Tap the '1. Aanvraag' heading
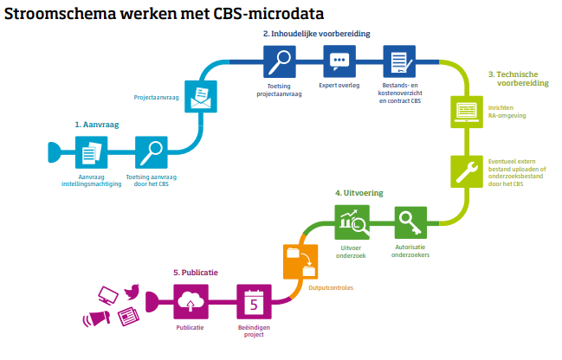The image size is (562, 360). click(x=96, y=125)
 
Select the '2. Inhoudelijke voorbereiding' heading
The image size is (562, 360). click(x=317, y=34)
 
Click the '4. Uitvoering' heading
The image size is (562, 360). click(x=359, y=192)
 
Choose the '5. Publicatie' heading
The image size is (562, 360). click(x=195, y=272)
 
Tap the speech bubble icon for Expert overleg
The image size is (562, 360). click(x=339, y=61)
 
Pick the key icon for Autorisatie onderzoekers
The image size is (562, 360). click(x=410, y=224)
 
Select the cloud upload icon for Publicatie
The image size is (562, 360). click(x=189, y=303)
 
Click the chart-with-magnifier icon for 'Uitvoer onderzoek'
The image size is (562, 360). click(x=353, y=224)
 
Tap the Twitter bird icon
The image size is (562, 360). click(x=132, y=292)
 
